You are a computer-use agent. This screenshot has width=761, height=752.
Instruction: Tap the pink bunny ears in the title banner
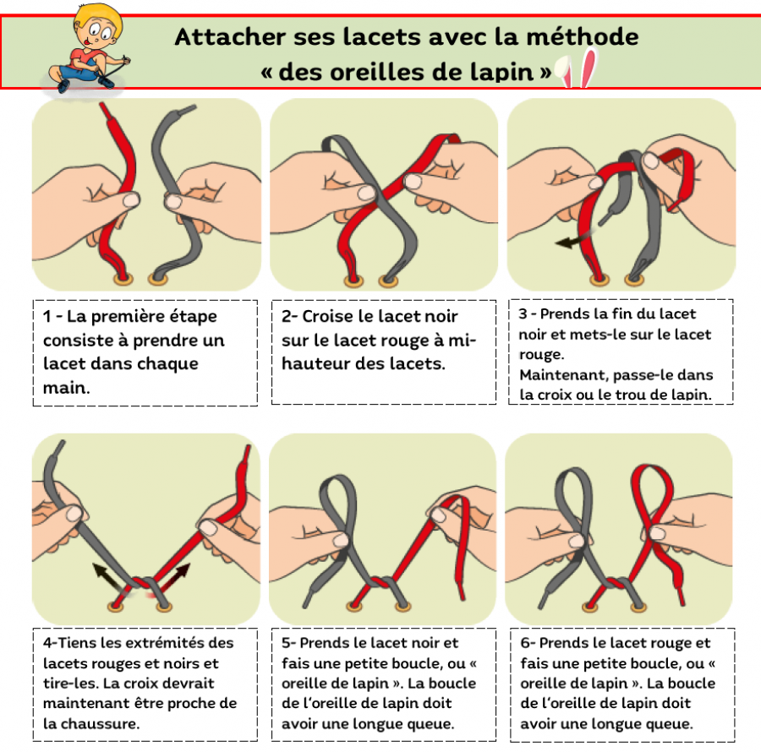point(578,68)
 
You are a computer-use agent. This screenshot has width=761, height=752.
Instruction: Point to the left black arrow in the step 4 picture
point(109,577)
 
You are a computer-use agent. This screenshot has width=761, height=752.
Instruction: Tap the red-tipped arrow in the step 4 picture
point(173,577)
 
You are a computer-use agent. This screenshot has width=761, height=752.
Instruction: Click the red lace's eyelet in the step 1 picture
point(123,278)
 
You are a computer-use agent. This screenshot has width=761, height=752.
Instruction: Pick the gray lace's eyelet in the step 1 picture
point(158,280)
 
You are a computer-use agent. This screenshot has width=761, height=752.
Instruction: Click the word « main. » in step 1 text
point(67,388)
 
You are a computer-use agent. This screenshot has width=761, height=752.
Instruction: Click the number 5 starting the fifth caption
point(286,643)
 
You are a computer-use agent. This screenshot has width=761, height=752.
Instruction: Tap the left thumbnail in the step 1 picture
point(130,199)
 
